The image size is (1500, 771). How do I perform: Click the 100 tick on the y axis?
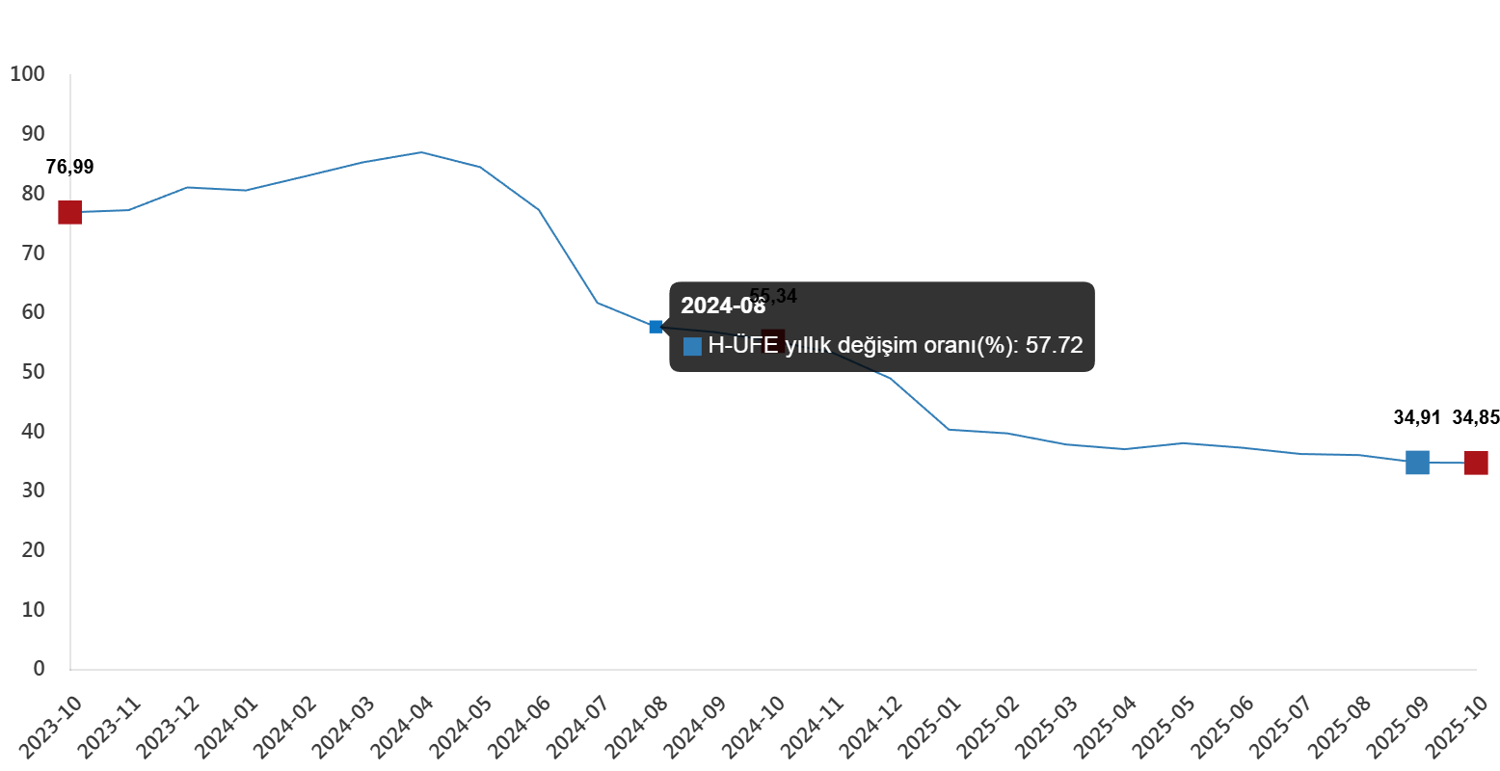(x=27, y=74)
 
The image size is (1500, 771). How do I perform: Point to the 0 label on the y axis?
(x=39, y=669)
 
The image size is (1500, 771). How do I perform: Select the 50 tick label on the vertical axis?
(x=33, y=372)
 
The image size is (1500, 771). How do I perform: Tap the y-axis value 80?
(x=33, y=194)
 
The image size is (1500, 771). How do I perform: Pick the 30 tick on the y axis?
(x=33, y=491)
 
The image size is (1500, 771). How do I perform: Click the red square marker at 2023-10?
(x=69, y=212)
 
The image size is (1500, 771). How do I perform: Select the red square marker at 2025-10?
(x=1476, y=464)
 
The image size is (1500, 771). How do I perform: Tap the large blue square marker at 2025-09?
(x=1417, y=463)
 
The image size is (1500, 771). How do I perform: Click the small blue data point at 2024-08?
(x=656, y=327)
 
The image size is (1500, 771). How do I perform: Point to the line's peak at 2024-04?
(x=421, y=152)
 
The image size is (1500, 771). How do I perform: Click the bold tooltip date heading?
(x=723, y=306)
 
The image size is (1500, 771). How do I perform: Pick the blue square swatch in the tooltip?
(x=692, y=347)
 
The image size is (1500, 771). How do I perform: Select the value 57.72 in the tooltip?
(x=1054, y=346)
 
